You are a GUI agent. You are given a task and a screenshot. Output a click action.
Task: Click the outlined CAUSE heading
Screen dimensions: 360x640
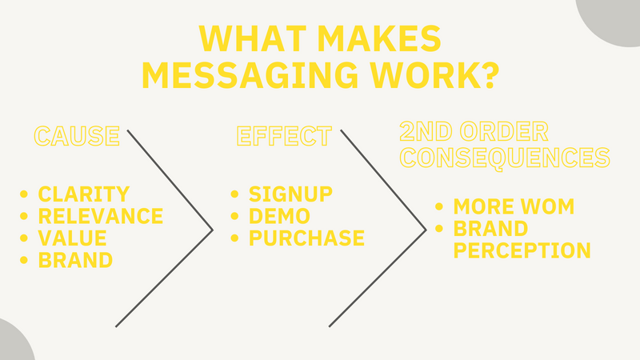pos(77,136)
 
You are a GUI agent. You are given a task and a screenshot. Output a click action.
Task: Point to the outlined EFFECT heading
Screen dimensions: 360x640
pos(284,136)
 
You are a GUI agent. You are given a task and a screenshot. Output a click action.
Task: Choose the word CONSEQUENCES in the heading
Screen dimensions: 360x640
pos(505,157)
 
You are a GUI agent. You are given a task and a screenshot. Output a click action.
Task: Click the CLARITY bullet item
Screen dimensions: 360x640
pos(83,194)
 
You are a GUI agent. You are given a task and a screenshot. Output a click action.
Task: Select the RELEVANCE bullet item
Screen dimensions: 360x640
pos(100,216)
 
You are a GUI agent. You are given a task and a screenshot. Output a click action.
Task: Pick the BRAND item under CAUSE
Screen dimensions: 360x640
pos(75,260)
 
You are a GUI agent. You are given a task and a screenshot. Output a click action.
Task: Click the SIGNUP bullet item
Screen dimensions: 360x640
pos(290,194)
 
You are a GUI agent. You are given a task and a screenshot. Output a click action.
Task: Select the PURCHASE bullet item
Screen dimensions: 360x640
pos(306,238)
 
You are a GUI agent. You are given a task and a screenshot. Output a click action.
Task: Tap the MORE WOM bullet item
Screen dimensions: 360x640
pos(513,206)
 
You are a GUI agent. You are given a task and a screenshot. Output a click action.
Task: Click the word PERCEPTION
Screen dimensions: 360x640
pos(522,250)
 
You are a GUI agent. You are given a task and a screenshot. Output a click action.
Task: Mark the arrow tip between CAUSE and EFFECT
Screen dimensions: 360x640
pos(211,230)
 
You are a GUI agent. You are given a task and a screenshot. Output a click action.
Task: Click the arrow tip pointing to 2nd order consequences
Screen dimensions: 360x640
pos(425,230)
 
